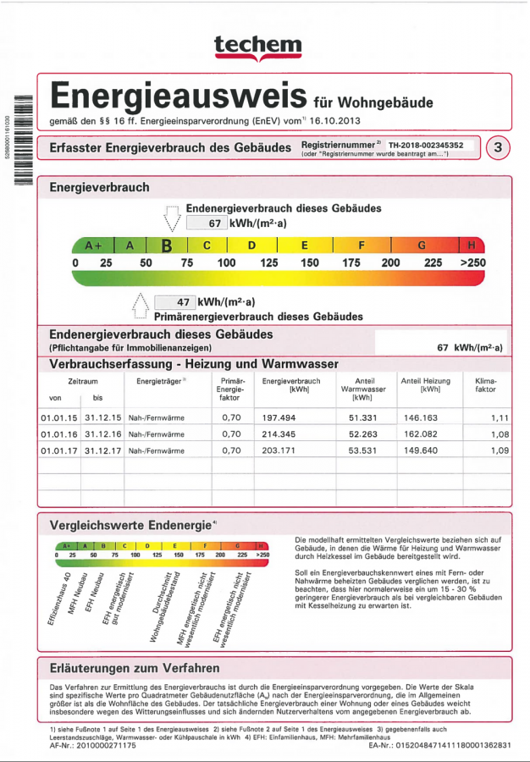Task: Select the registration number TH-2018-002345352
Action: [x=432, y=145]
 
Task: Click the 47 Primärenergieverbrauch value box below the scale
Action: [x=174, y=302]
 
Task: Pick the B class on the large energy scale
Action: [x=167, y=246]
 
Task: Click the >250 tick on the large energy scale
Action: [x=472, y=263]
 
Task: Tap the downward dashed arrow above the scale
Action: [x=173, y=218]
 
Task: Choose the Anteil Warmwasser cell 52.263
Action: [x=362, y=434]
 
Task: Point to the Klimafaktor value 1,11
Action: [x=500, y=418]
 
